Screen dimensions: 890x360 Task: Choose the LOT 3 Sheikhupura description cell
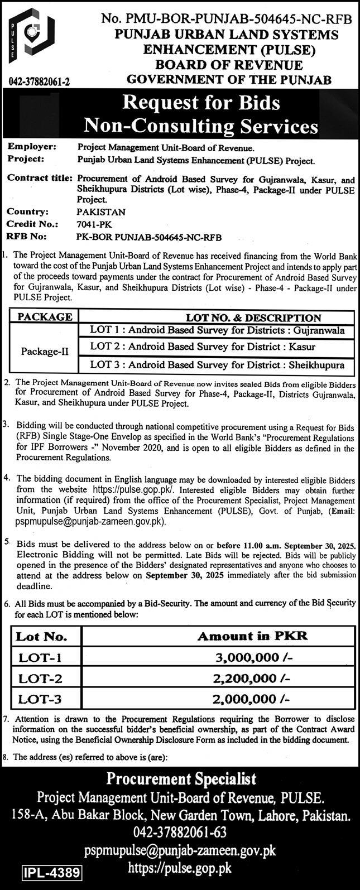pos(217,366)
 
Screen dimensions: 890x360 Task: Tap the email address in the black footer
pos(180,851)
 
